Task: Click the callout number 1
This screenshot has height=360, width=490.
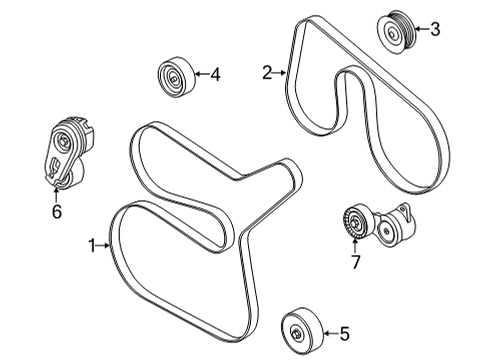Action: tap(91, 245)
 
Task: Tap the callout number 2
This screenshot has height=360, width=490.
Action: tap(267, 72)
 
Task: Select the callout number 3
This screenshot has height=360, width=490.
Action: tap(434, 29)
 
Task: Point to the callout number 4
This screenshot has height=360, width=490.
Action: tap(215, 73)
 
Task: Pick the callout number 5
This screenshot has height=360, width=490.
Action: tap(345, 335)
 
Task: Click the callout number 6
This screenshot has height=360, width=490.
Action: tap(57, 212)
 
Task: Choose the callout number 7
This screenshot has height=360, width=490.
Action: tap(353, 263)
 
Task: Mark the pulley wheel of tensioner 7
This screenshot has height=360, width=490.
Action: tap(356, 222)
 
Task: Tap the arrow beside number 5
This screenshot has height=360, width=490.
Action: tap(329, 335)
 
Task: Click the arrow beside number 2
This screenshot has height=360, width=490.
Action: tap(280, 72)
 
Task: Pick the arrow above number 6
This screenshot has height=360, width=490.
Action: tap(57, 195)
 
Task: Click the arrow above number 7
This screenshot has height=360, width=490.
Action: tap(354, 247)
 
